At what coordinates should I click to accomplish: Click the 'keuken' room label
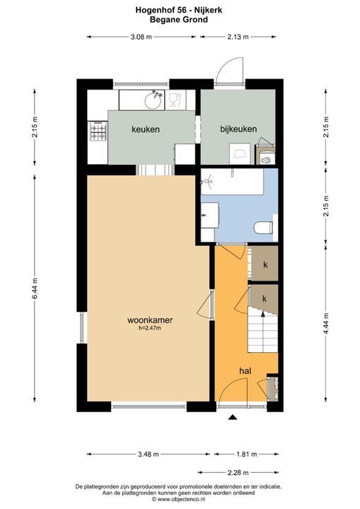tap(146, 129)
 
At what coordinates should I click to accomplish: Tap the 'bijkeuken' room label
tap(238, 129)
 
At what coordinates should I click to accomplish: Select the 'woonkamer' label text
tap(150, 320)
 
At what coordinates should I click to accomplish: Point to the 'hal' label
tap(245, 370)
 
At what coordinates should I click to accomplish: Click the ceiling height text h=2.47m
tap(150, 328)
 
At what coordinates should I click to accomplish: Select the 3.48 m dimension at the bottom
tap(150, 454)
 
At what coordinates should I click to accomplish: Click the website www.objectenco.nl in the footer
tap(180, 499)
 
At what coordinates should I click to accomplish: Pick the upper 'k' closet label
tap(265, 265)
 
